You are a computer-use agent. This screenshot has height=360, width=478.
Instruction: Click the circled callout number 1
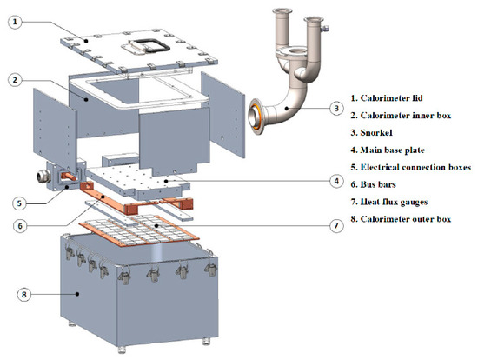pos(15,23)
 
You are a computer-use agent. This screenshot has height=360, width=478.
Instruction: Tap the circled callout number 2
pos(15,80)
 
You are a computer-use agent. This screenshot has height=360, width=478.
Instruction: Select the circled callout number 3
pos(336,109)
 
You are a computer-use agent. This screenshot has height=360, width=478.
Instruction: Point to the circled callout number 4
pos(336,181)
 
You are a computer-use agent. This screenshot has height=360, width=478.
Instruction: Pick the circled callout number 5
pos(19,203)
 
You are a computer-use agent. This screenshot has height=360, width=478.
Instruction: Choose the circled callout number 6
pos(20,226)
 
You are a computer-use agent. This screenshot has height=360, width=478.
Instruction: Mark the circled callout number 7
pos(336,225)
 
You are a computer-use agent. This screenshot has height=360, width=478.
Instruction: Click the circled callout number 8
pos(23,295)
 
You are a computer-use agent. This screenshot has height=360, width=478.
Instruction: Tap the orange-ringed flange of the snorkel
pos(256,117)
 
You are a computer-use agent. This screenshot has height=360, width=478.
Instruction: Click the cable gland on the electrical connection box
pos(43,177)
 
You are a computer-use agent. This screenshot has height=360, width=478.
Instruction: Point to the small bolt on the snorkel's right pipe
pos(325,29)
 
